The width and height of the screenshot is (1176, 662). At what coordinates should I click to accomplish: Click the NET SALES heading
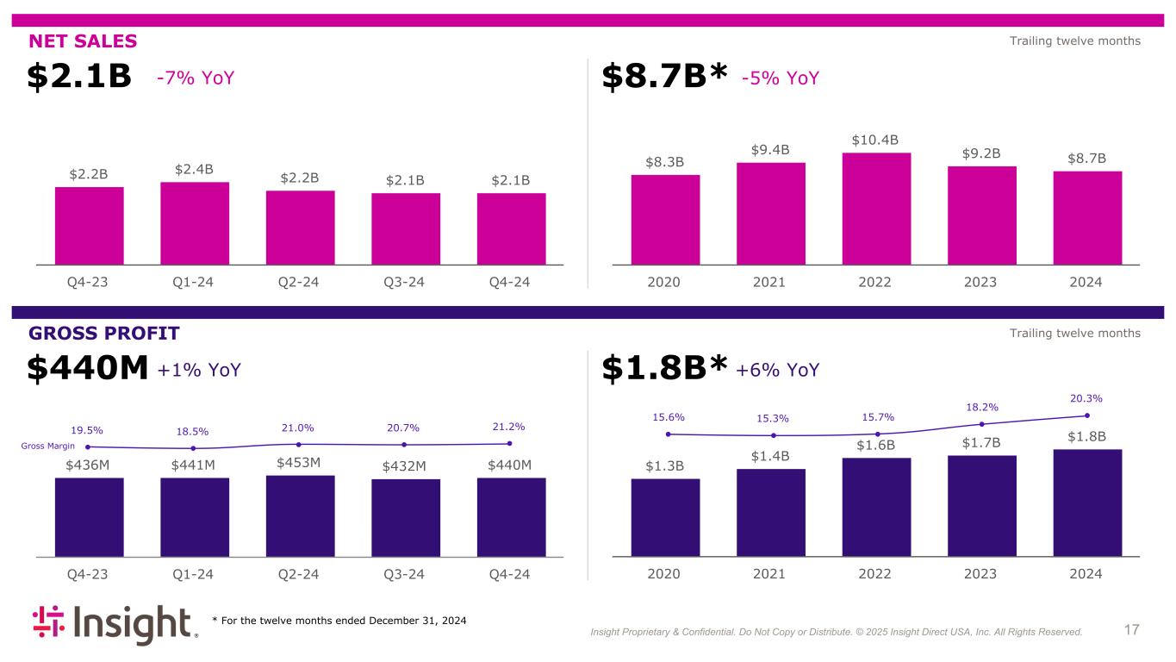(x=83, y=41)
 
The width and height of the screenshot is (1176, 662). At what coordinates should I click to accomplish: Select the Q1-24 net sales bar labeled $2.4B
(x=194, y=222)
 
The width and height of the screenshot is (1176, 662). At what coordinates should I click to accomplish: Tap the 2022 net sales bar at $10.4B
(x=875, y=208)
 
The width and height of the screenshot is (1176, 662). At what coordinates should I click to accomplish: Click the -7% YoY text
(x=196, y=78)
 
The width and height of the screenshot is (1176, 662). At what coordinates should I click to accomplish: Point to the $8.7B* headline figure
(x=664, y=78)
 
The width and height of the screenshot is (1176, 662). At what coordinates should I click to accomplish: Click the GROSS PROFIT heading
(x=104, y=334)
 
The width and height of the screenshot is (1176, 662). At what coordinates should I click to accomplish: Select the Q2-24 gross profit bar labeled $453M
(x=300, y=515)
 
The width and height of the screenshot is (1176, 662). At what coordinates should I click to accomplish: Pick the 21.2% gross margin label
(x=508, y=427)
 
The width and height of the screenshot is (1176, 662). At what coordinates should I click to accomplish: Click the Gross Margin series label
(x=48, y=446)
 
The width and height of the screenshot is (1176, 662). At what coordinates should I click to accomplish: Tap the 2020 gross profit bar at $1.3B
(x=665, y=517)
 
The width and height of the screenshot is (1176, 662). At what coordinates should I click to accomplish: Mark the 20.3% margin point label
(x=1086, y=398)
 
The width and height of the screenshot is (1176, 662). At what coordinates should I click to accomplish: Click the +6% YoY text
(x=778, y=370)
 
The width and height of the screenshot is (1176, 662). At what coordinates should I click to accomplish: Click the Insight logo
(x=115, y=625)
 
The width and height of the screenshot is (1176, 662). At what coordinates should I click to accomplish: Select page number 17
(x=1131, y=630)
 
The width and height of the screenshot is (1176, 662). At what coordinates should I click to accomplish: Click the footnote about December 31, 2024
(x=339, y=621)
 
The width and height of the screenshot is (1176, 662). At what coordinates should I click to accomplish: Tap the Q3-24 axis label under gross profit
(x=405, y=574)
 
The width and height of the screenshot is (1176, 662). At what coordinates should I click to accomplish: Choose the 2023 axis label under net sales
(x=980, y=282)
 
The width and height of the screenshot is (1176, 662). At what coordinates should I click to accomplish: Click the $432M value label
(x=405, y=466)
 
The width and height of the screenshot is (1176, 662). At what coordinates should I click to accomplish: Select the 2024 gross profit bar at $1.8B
(x=1086, y=503)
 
